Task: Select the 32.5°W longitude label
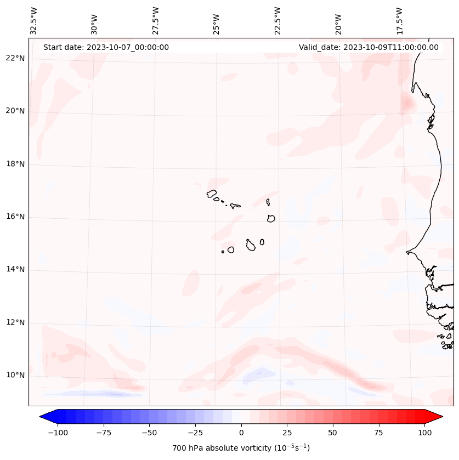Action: click(34, 21)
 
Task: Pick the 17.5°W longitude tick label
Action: click(400, 21)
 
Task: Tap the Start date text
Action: click(106, 47)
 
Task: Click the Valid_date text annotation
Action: click(369, 47)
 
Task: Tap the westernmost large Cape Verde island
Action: click(212, 194)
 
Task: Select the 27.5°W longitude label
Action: click(156, 21)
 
